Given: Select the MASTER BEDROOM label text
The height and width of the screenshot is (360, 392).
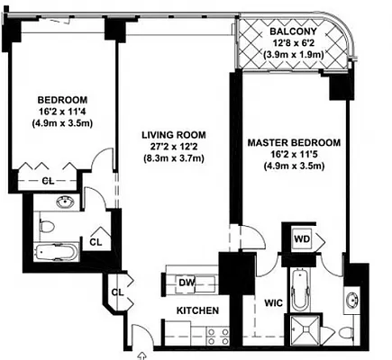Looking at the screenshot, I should (295, 142).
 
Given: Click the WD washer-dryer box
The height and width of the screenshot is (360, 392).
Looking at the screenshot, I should (304, 240).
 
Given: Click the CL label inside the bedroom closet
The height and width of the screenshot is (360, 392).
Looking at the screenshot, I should (50, 181).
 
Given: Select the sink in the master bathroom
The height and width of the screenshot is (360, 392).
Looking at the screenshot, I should (351, 299).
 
